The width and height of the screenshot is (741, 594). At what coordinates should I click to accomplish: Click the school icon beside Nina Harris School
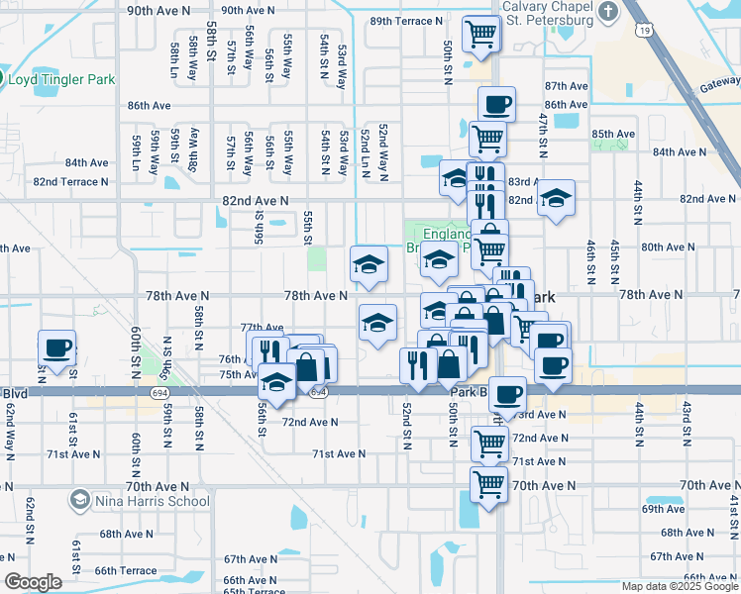pos(80,501)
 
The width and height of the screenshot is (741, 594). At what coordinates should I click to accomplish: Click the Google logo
pos(33,582)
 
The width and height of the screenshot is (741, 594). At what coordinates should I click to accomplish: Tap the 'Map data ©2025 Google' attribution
pos(679,586)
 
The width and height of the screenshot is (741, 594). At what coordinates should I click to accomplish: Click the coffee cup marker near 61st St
pos(57,348)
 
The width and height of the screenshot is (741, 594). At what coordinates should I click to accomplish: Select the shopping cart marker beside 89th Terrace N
pos(480,34)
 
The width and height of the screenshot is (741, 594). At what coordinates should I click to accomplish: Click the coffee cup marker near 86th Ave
pos(496,104)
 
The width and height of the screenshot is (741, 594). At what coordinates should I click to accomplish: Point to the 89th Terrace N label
pos(406,21)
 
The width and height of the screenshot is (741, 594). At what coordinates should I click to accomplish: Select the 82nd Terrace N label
pos(70,182)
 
